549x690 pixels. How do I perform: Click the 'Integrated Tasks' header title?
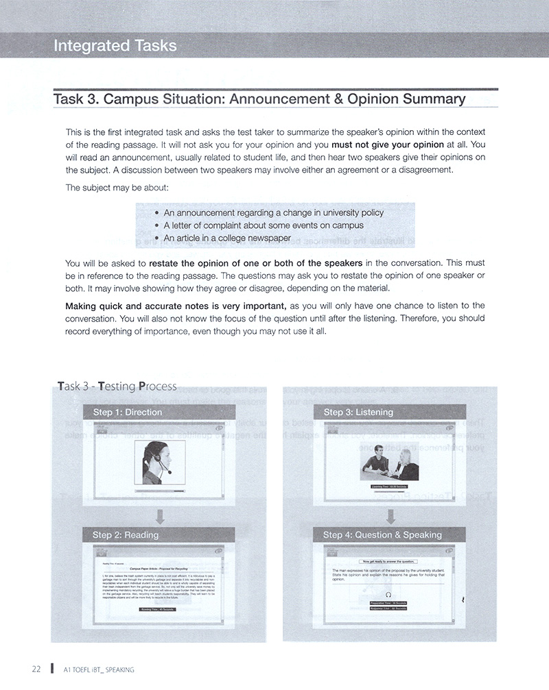[x=115, y=46]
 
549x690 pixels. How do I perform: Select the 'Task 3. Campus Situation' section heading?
[x=259, y=99]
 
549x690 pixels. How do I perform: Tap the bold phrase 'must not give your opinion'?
[x=388, y=145]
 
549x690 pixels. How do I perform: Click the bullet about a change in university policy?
[x=273, y=212]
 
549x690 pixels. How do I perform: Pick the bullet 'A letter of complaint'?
[x=264, y=225]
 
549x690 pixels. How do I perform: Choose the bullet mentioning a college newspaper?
[x=227, y=238]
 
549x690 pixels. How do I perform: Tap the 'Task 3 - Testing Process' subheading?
[x=117, y=386]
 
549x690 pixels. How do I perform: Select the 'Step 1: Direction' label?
[x=128, y=412]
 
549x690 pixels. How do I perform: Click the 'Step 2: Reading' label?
[x=126, y=534]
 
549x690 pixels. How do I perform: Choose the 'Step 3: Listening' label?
[x=358, y=412]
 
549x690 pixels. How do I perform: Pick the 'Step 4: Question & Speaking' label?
[x=382, y=534]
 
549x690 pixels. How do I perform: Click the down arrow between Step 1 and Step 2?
[x=160, y=514]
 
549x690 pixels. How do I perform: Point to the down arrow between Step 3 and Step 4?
[x=389, y=514]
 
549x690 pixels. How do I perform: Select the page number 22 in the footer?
[x=36, y=669]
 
